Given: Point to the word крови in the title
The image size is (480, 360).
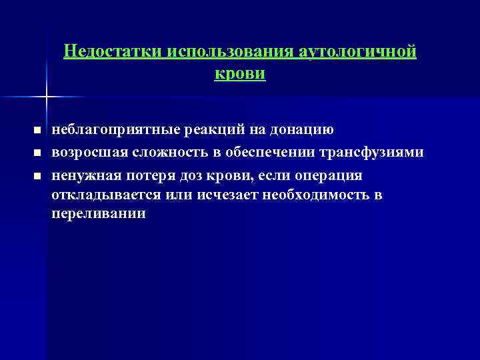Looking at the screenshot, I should (x=240, y=73).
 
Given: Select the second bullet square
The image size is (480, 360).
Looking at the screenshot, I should (x=37, y=153).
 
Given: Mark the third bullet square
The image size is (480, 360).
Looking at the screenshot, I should (x=37, y=175).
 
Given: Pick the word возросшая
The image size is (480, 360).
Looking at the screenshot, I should (x=86, y=153).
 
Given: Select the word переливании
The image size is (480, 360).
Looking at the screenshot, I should (x=98, y=215).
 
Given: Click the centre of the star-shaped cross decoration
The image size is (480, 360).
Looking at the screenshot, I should (x=46, y=97).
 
